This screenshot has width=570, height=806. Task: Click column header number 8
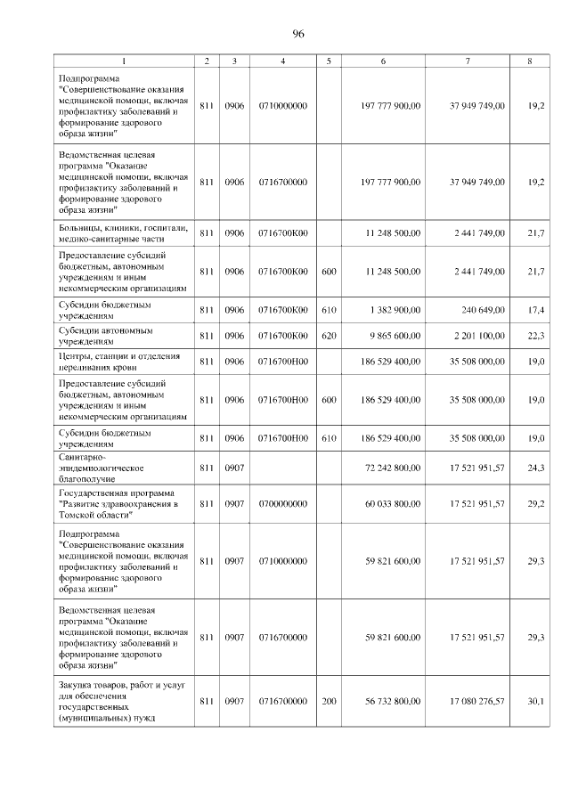(530, 61)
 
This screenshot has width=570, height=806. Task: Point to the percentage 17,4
(536, 311)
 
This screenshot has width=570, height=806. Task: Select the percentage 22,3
(536, 336)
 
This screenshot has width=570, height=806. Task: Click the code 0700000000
(282, 504)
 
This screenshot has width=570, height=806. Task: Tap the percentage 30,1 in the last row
(536, 701)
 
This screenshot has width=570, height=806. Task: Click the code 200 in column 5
(329, 701)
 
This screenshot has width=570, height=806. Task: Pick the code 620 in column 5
(329, 336)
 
